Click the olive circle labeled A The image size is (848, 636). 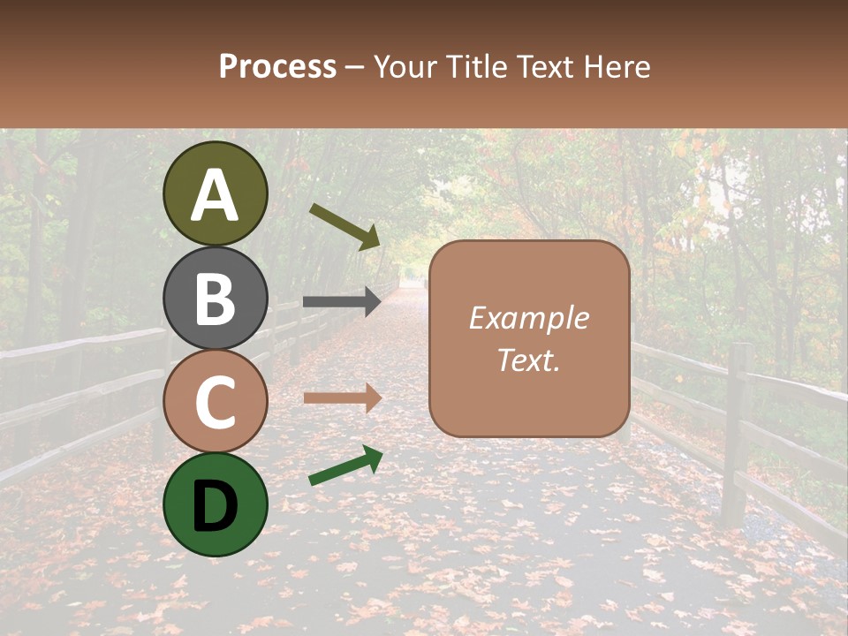point(216,193)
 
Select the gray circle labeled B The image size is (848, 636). point(216,298)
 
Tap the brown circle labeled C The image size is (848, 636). point(216,401)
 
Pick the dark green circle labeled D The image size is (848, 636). point(216,504)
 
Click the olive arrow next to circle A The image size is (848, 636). point(344,226)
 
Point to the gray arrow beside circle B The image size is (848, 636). point(342,301)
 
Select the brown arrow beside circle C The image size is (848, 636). point(342,397)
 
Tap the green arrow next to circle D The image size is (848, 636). point(345,466)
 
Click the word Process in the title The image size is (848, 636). point(277,66)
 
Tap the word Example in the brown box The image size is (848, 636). point(529,318)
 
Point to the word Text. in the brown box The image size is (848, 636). point(529,360)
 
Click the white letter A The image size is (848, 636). point(216,195)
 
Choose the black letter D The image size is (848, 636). point(216,505)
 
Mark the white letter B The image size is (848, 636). point(216,299)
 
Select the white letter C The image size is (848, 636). point(216,402)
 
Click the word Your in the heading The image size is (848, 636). point(405,66)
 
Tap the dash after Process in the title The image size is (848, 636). point(355,68)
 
